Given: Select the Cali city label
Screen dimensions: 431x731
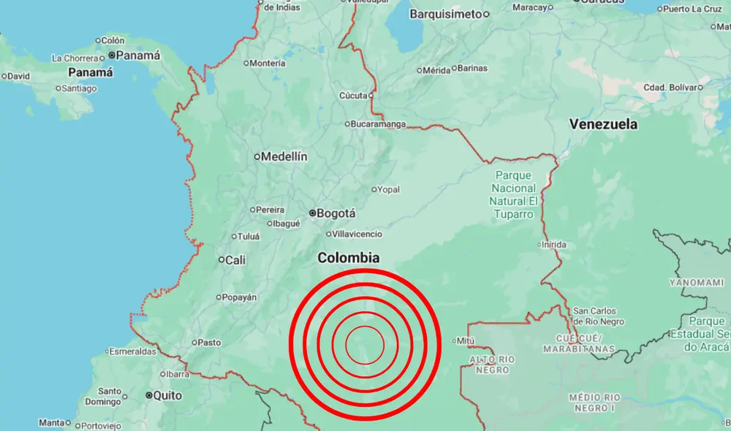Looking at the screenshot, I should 236,259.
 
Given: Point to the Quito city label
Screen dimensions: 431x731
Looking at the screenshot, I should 168,395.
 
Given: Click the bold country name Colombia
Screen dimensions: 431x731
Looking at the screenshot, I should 349,258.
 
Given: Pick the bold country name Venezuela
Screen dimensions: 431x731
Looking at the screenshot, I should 603,124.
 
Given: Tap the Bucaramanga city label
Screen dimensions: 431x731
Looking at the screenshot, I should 379,124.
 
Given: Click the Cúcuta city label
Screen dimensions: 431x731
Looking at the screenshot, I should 354,96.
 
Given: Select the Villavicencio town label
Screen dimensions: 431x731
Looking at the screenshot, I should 357,234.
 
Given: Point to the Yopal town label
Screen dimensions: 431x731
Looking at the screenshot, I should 389,190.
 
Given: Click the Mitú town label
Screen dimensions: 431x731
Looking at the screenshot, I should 467,340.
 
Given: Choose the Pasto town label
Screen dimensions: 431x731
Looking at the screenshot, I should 209,342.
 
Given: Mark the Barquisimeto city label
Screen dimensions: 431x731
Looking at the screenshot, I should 446,14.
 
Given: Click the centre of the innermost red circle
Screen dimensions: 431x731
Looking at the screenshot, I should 365,345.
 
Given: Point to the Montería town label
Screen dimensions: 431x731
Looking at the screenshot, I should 268,64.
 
